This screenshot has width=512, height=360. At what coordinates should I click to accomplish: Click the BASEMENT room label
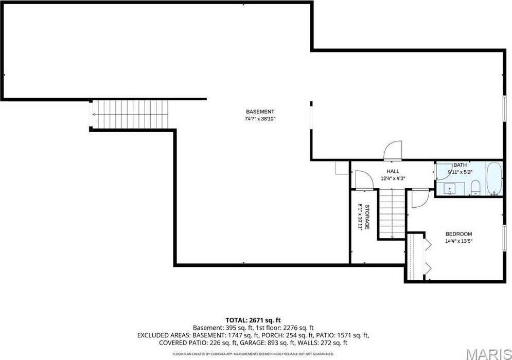click(x=260, y=112)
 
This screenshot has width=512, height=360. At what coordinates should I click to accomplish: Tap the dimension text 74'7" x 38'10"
click(x=260, y=119)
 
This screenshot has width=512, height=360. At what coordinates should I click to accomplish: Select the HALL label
click(x=393, y=171)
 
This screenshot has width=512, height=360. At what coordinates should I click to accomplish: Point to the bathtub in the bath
click(x=494, y=178)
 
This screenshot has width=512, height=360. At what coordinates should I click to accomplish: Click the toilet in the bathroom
click(x=475, y=189)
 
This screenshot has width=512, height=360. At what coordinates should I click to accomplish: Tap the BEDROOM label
click(x=459, y=234)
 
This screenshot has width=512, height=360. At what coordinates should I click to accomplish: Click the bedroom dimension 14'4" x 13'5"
click(x=459, y=241)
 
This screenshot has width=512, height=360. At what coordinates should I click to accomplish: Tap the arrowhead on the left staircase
click(x=94, y=115)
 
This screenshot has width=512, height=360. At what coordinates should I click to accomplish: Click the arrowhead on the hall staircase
click(x=392, y=236)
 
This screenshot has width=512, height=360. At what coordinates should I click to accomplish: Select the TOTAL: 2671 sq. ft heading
click(x=253, y=320)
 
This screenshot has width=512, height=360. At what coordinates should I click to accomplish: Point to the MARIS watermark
click(x=488, y=354)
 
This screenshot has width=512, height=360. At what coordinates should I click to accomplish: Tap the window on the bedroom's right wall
click(x=504, y=239)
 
